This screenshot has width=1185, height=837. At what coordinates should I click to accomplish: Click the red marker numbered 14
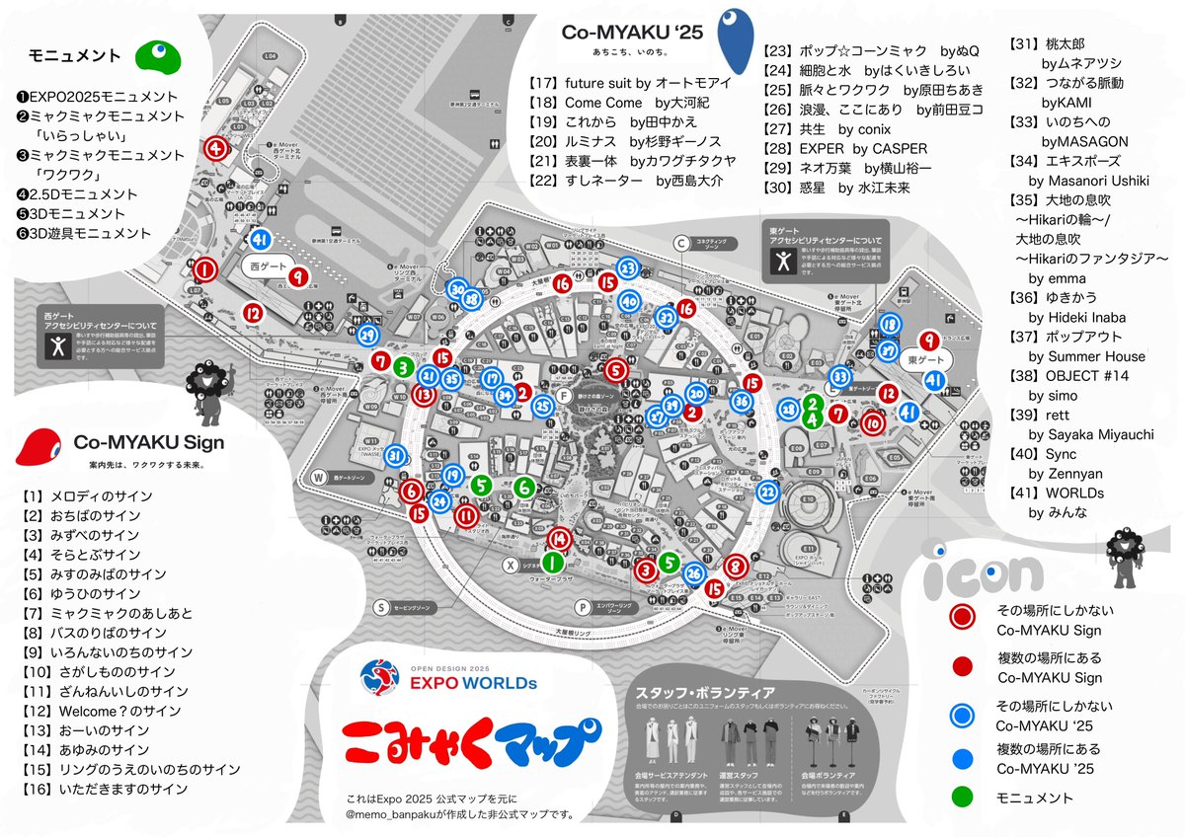560,538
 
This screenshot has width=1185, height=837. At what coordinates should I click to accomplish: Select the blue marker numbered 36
742,401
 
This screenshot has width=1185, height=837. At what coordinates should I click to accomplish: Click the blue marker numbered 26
694,573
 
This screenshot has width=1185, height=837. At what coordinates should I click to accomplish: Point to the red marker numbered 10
872,422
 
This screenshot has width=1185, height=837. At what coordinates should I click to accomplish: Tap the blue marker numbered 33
839,376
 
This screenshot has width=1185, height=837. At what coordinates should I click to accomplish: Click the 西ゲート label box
267,266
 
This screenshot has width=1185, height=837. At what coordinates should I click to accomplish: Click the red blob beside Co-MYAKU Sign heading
43,446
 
